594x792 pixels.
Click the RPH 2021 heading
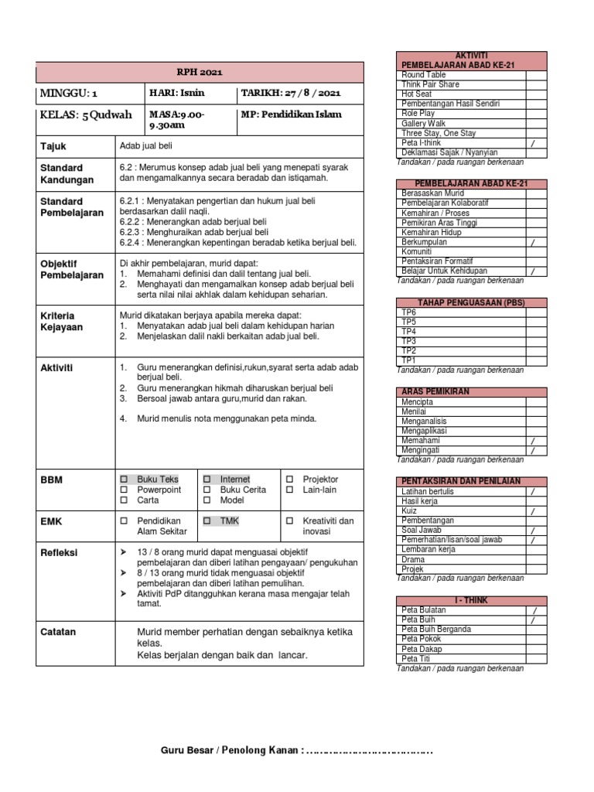point(200,73)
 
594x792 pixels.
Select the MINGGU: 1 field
point(70,94)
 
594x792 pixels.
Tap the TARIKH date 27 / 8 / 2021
point(289,94)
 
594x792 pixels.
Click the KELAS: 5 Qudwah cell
point(86,115)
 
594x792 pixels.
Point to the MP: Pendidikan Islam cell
point(291,115)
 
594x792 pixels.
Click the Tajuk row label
point(53,145)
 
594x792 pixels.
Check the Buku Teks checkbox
point(124,480)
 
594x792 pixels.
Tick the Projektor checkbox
point(289,480)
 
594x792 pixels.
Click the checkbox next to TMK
point(207,521)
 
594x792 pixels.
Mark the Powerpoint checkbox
point(124,490)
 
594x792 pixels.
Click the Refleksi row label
point(58,553)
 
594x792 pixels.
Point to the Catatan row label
point(58,632)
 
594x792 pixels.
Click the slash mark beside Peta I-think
point(532,143)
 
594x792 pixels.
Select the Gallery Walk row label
point(423,123)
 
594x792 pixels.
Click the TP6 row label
point(409,312)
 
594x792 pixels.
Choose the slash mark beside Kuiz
point(532,511)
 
